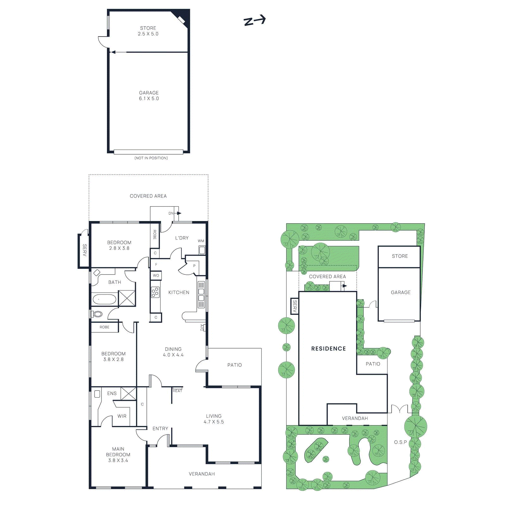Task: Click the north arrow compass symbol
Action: [254, 21]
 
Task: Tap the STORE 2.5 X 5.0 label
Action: [148, 31]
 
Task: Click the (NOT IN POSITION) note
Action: [151, 158]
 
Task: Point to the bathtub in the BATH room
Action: [104, 299]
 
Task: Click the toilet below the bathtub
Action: [97, 314]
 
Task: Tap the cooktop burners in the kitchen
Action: [155, 292]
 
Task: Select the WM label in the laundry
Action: [201, 241]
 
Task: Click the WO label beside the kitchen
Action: [156, 275]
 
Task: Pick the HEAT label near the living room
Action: [177, 391]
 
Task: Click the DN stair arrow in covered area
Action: [175, 213]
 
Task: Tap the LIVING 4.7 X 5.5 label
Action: [214, 419]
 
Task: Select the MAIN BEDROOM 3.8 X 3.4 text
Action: [118, 454]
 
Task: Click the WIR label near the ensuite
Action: [122, 416]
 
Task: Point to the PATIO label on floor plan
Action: [234, 365]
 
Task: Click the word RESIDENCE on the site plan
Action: [328, 349]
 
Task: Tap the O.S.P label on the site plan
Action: [400, 442]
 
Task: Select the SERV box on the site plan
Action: [294, 306]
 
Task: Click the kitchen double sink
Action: [201, 294]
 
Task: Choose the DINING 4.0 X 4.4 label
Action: [173, 352]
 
